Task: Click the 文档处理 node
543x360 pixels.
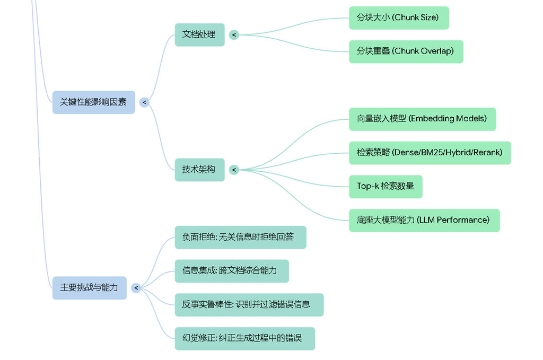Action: click(199, 34)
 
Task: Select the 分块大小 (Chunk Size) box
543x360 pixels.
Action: click(399, 17)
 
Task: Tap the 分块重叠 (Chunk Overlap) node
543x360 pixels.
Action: click(406, 51)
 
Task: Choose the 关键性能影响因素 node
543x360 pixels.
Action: click(93, 102)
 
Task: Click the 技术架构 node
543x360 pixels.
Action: click(199, 170)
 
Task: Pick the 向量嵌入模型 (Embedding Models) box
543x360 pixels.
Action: click(422, 119)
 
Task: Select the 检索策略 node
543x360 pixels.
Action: click(430, 153)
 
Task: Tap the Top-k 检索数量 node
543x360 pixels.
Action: click(386, 187)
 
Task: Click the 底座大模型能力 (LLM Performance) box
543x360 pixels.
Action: click(424, 220)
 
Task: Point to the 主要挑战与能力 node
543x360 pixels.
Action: click(89, 288)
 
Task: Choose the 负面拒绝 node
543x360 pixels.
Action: click(240, 238)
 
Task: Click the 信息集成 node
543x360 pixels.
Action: click(232, 271)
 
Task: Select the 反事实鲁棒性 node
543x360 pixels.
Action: click(249, 305)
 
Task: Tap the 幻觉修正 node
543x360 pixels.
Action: click(244, 339)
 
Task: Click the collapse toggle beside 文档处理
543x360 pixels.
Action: click(234, 35)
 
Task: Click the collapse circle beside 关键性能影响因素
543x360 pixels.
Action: click(144, 102)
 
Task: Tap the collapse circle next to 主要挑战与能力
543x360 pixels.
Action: click(136, 288)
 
